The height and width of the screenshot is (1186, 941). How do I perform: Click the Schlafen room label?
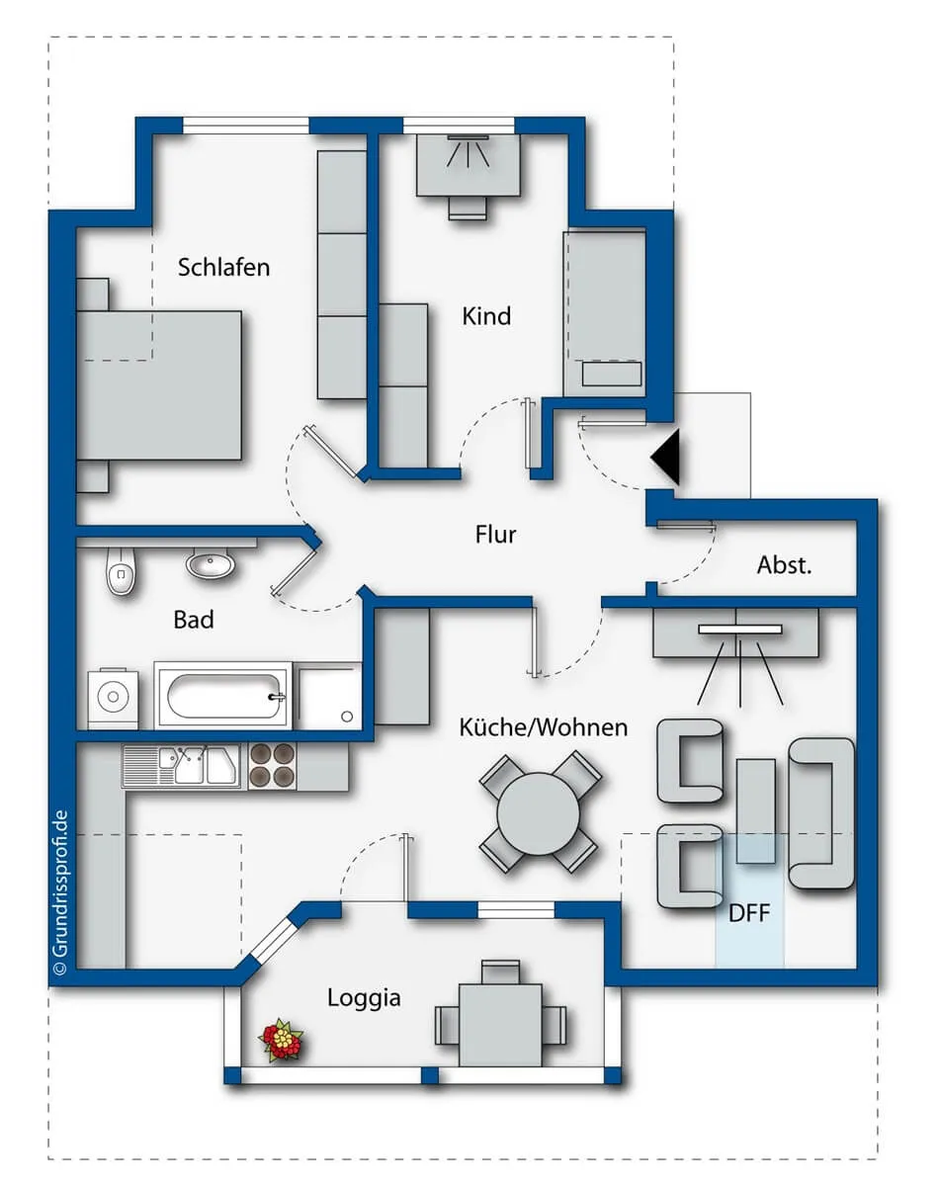[223, 267]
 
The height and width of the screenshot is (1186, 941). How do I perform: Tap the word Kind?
[486, 316]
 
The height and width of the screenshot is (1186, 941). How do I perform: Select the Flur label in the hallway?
[495, 535]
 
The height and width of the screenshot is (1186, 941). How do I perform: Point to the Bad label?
[194, 620]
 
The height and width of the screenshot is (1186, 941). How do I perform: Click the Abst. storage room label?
[785, 565]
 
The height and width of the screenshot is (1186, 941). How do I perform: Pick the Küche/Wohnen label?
[544, 727]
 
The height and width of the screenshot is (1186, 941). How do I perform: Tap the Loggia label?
[364, 998]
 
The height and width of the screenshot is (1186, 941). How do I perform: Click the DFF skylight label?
[749, 914]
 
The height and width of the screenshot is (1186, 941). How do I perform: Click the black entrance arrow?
[666, 458]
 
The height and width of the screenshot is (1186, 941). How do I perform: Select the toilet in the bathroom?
[121, 571]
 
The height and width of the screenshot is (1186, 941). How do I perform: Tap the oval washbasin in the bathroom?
[211, 562]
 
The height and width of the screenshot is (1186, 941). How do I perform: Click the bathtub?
[222, 696]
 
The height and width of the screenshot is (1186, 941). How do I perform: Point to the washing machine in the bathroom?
[113, 699]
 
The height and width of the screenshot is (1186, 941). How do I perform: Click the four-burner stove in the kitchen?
[273, 766]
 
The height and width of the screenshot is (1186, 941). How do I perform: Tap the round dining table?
[538, 813]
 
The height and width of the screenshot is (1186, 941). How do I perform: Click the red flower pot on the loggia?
[282, 1040]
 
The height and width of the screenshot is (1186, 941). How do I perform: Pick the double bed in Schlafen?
[159, 385]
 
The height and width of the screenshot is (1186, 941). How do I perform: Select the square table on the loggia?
[500, 1026]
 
